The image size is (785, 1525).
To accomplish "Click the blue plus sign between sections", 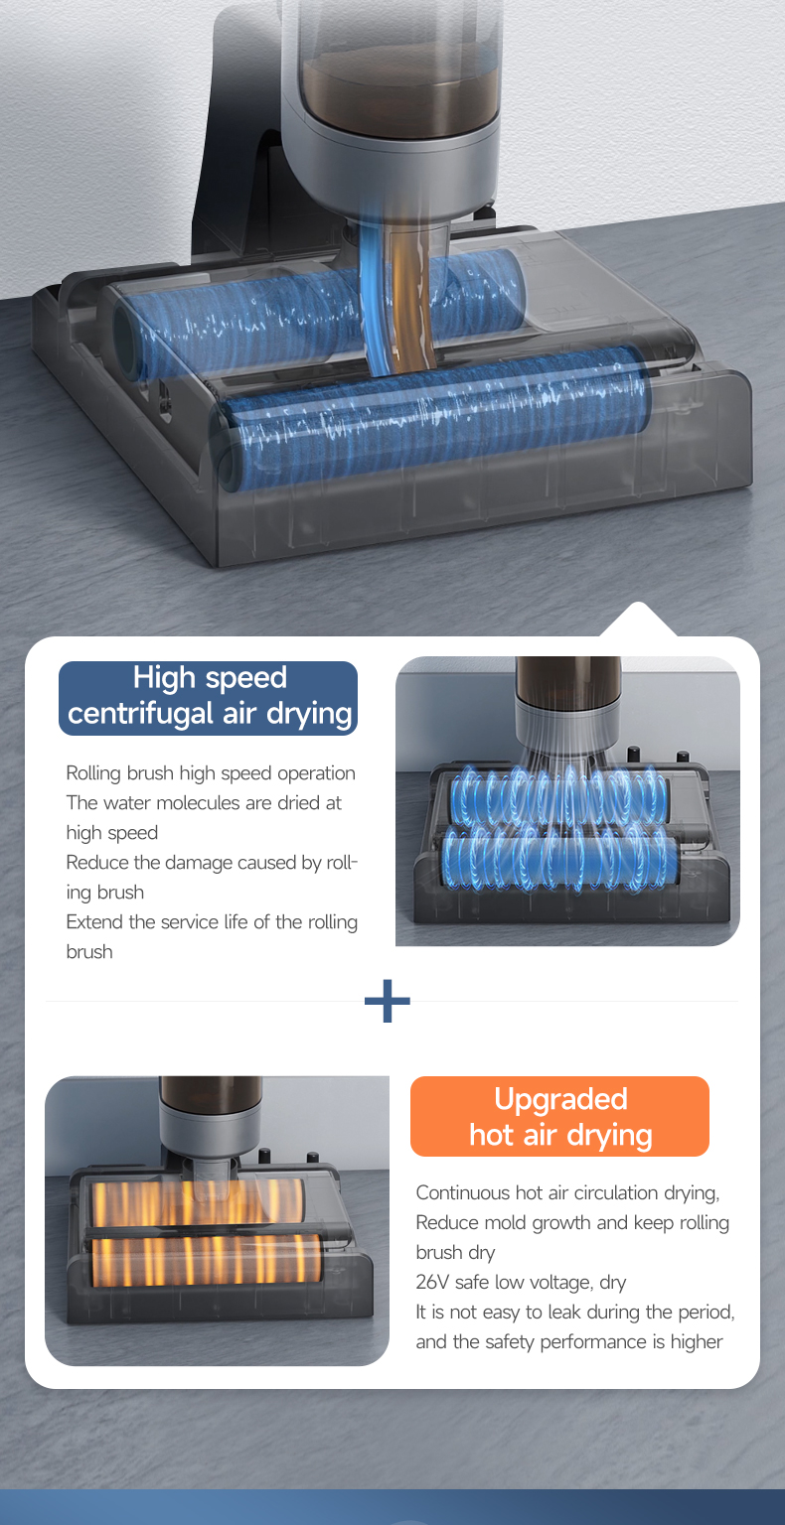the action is click(x=388, y=1001).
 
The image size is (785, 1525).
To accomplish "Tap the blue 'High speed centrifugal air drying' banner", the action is click(x=208, y=698).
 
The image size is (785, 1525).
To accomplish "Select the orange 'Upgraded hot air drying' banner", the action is click(x=559, y=1116).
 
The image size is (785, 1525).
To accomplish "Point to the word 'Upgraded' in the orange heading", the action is click(x=560, y=1099).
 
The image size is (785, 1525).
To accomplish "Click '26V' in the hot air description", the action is click(x=432, y=1282).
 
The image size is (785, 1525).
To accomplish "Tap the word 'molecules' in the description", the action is click(x=199, y=802).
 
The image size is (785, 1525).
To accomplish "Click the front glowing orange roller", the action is click(x=206, y=1261).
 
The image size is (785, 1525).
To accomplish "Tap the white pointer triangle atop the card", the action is click(x=639, y=619).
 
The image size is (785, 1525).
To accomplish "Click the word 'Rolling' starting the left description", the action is click(x=93, y=773).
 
